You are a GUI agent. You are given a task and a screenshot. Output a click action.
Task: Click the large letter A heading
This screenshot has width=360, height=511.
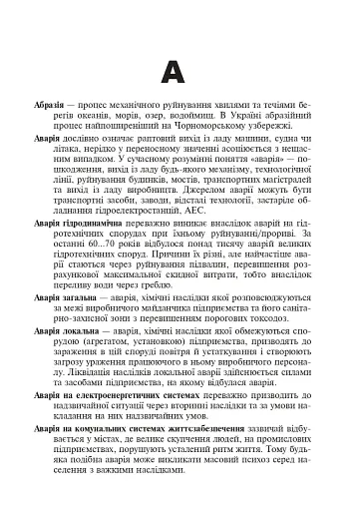pyautogui.click(x=180, y=72)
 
